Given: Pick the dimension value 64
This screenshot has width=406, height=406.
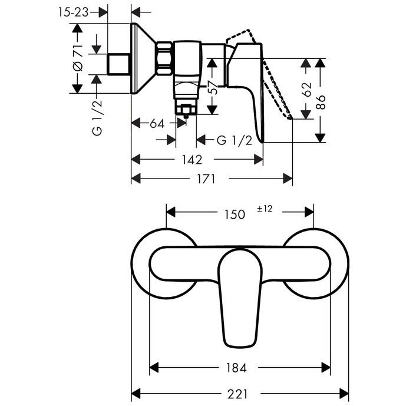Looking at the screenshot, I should coord(157,124).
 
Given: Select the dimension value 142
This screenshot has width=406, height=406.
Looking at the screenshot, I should coord(192,160).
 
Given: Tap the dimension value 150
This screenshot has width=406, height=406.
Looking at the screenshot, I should coord(234,214).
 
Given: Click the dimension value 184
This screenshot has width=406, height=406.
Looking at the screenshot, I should coord(235,368).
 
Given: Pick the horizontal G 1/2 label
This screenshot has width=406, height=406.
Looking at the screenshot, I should coord(235,140).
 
